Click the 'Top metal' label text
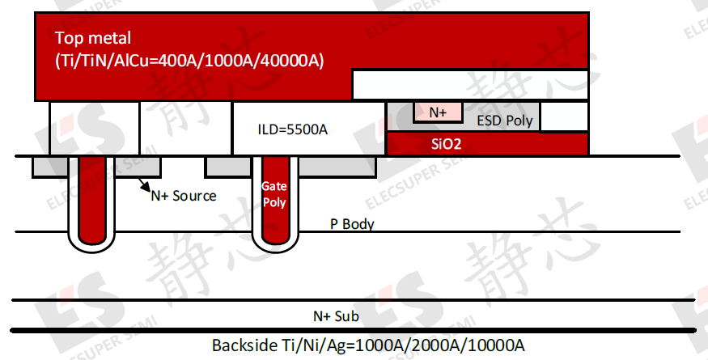tap(93, 38)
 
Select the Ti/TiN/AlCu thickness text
tap(189, 60)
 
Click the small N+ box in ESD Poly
tap(438, 112)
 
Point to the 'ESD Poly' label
tap(505, 121)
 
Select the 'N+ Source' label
tap(183, 195)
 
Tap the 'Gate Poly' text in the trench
tap(274, 194)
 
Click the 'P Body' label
tap(352, 224)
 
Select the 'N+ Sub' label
tap(336, 316)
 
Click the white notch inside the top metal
tap(469, 83)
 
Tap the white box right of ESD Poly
tap(564, 116)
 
